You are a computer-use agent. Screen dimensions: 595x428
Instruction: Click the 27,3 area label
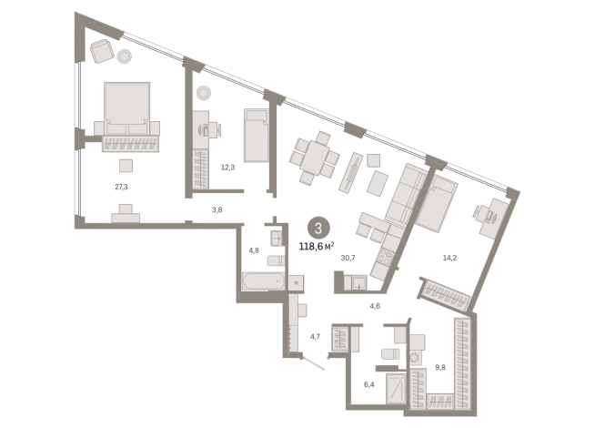pos(121,187)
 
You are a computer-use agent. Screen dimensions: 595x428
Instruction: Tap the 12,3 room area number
pos(227,168)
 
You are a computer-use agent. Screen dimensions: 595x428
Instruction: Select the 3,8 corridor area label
pos(217,209)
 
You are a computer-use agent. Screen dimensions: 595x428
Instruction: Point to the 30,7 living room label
pos(348,258)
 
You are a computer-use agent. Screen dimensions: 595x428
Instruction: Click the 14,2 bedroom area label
pos(449,258)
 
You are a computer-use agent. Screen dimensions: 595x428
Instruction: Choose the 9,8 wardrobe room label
pos(440,367)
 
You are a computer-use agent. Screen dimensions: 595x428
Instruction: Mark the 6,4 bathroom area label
pos(369,384)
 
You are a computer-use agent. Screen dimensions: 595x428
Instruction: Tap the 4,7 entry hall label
pos(315,336)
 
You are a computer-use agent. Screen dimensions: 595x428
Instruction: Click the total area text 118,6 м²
pos(317,247)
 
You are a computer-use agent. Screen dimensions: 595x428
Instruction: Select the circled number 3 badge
pos(318,229)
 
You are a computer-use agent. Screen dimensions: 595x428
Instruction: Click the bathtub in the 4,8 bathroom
pos(263,281)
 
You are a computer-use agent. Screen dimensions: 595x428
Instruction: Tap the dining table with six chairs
pos(315,158)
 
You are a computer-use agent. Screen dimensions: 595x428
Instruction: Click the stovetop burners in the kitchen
pos(387,257)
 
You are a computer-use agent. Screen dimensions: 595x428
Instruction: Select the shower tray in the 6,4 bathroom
pos(396,388)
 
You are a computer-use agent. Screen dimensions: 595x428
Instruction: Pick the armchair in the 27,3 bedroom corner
pos(102,51)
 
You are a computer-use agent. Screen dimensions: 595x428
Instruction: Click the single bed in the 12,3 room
pos(257,135)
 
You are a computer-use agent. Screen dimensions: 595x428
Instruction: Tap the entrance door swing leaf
pos(314,363)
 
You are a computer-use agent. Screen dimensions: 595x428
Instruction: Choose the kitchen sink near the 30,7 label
pos(358,282)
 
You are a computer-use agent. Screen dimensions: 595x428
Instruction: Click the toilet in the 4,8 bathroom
pos(276,260)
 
